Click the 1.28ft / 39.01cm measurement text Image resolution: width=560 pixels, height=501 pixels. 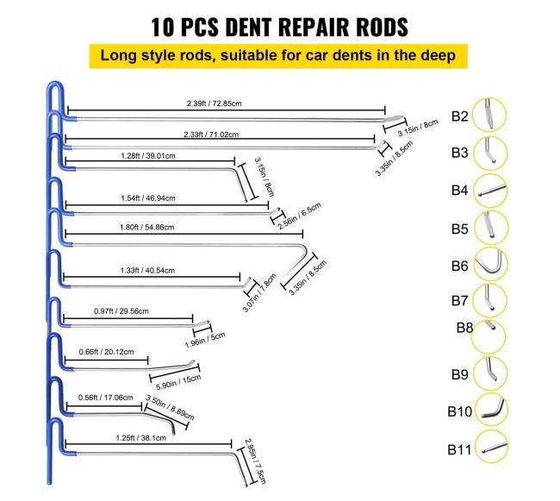click(x=149, y=156)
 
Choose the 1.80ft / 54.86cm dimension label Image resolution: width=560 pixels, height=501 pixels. click(x=146, y=228)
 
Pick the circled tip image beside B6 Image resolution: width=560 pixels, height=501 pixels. click(x=492, y=266)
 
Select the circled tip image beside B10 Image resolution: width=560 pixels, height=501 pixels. click(x=492, y=410)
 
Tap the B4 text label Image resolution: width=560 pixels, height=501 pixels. click(x=459, y=191)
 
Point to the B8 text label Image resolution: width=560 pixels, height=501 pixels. click(x=465, y=328)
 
